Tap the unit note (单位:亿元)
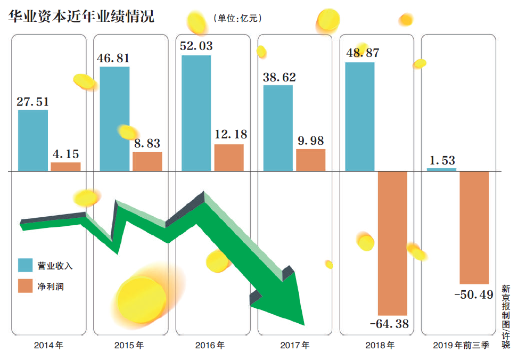[x=238, y=18]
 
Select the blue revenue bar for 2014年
[x=33, y=141]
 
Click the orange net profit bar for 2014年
[x=65, y=167]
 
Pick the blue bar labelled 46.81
[x=114, y=119]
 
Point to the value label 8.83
[x=147, y=144]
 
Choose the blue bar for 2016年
[x=196, y=113]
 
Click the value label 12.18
[x=229, y=135]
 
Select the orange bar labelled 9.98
[x=310, y=160]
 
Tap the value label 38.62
[x=279, y=77]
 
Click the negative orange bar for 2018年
[x=392, y=243]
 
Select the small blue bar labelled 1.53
[x=441, y=169]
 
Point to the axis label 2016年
[x=210, y=346]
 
